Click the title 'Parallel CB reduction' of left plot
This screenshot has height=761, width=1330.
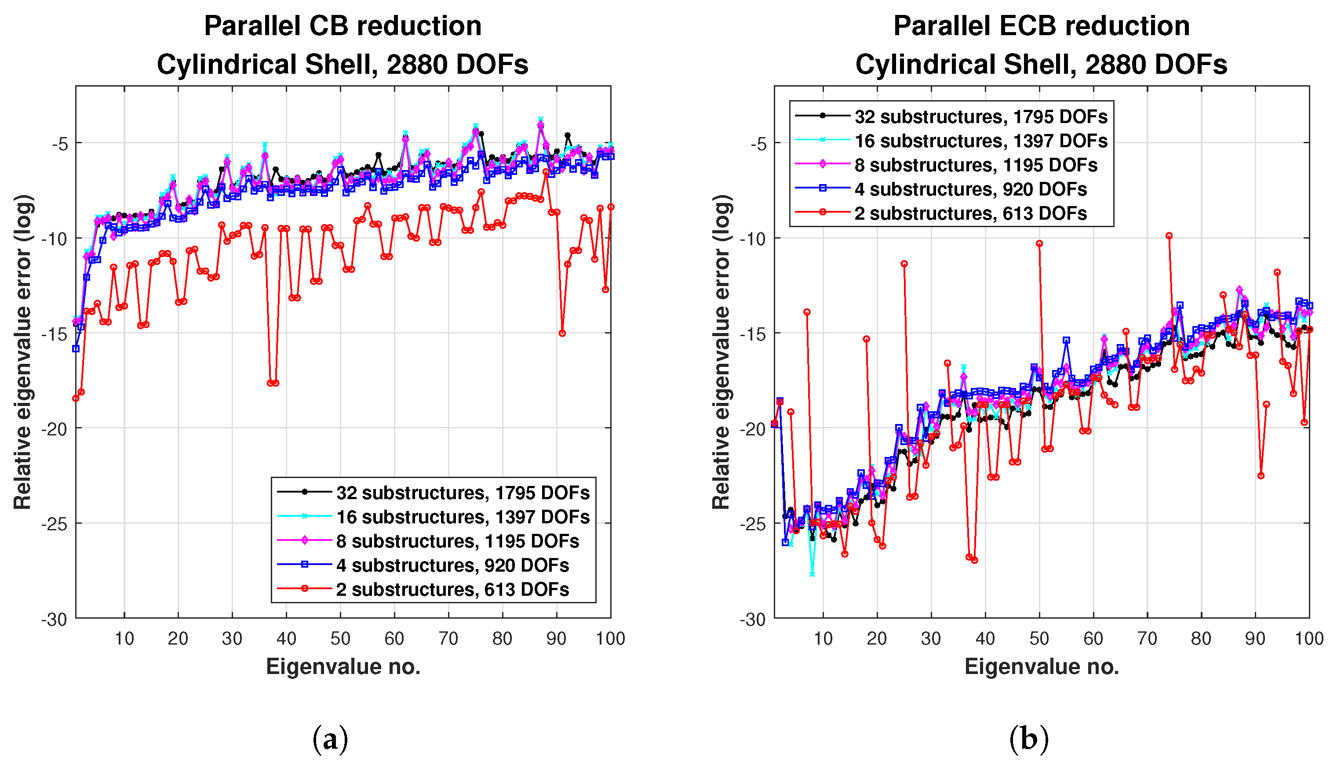tap(343, 26)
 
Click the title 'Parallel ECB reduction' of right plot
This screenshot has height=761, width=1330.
tap(1041, 26)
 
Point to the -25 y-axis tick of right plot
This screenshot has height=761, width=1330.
tap(753, 524)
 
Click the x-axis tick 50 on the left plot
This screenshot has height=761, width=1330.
tap(340, 638)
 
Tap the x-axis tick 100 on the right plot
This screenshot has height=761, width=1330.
tap(1309, 638)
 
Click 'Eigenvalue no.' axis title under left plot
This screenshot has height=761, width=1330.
tap(343, 667)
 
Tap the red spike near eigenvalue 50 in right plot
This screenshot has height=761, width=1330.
tap(1039, 243)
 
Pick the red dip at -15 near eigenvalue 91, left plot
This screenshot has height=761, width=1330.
tap(562, 333)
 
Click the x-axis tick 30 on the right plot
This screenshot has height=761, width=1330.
tap(931, 638)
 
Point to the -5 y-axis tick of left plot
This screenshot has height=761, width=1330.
tap(60, 143)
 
